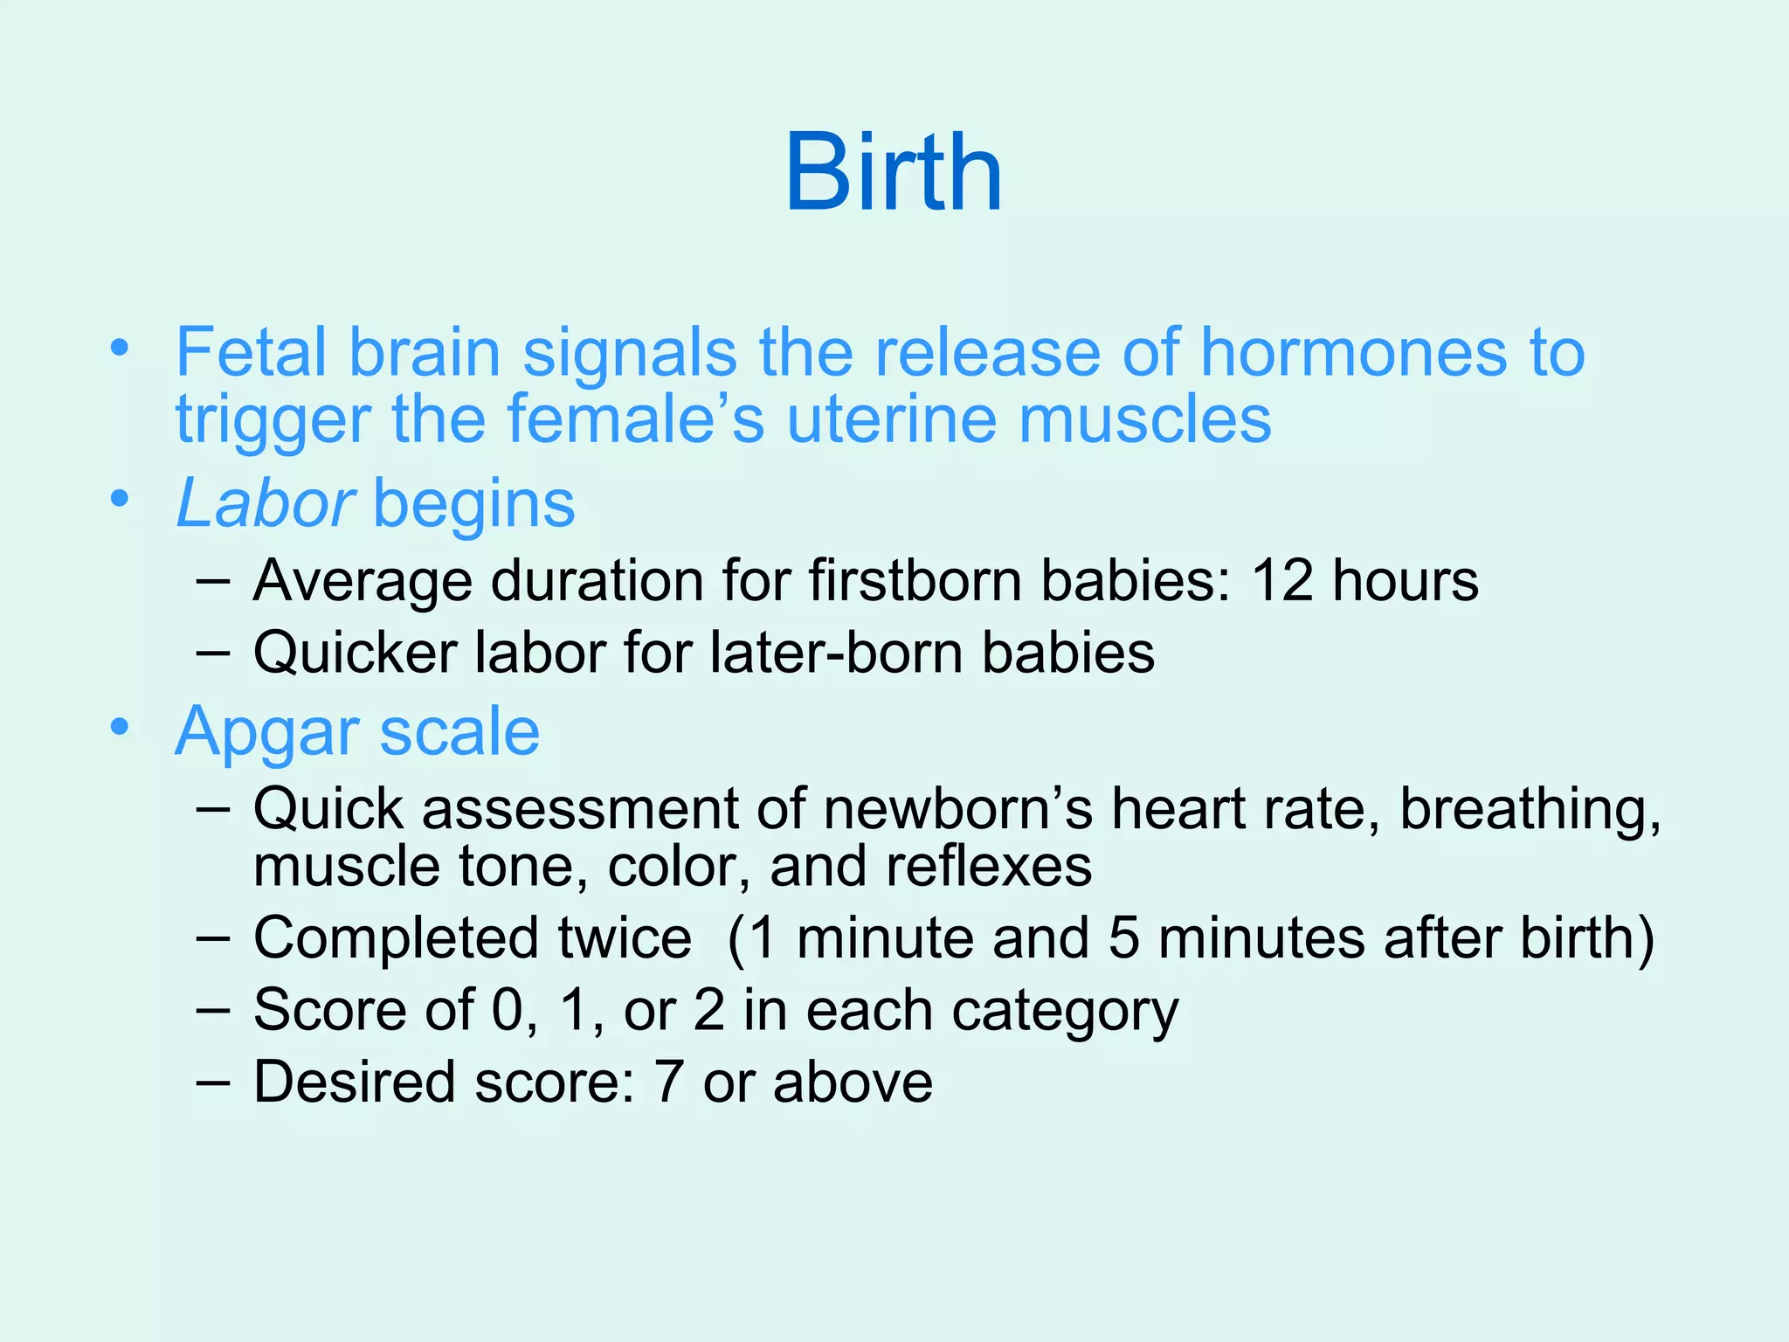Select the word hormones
pyautogui.click(x=1352, y=352)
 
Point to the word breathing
pyautogui.click(x=1530, y=810)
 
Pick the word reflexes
pyautogui.click(x=989, y=866)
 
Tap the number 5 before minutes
pyautogui.click(x=1124, y=937)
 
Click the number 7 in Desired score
pyautogui.click(x=668, y=1082)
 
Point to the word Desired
pyautogui.click(x=355, y=1082)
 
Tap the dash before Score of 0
pyautogui.click(x=213, y=1009)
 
